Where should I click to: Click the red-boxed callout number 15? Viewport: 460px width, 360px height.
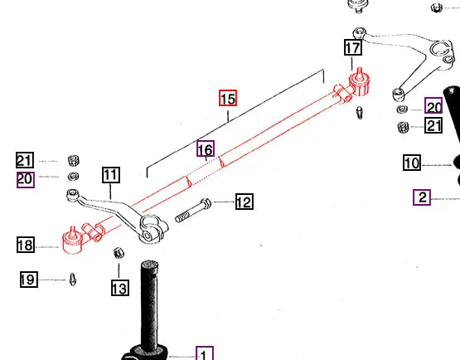pos(228,99)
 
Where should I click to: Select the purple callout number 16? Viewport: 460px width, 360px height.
pos(206,149)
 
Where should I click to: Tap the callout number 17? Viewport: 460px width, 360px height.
pos(353,48)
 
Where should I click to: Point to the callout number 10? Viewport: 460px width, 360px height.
pos(413,163)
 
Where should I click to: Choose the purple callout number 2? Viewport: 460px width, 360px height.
pos(423,197)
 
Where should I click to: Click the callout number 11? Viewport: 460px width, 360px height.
pos(111,175)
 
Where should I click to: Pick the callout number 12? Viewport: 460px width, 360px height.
pos(244,202)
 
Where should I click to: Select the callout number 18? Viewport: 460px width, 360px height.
pos(26,245)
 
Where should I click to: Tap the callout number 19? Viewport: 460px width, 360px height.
pos(28,280)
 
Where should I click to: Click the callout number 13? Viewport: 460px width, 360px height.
pos(119,288)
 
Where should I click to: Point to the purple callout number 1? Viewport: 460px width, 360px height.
pos(204,354)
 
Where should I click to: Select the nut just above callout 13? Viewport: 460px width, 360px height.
pos(118,252)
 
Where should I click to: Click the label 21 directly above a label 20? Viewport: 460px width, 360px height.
pos(26,161)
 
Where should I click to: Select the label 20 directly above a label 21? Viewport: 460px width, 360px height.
pos(434,106)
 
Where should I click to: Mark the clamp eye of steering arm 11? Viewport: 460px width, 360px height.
pos(150,229)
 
